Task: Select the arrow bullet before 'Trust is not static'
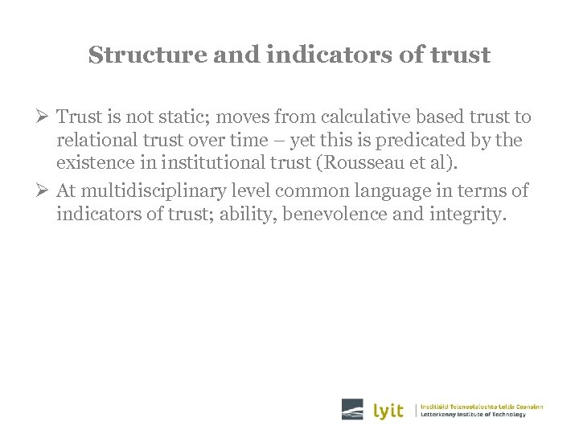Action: pyautogui.click(x=45, y=117)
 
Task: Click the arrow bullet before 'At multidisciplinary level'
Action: pyautogui.click(x=45, y=190)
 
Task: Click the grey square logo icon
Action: pyautogui.click(x=352, y=409)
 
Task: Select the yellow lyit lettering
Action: pyautogui.click(x=388, y=410)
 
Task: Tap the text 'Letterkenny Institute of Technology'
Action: pyautogui.click(x=474, y=414)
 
